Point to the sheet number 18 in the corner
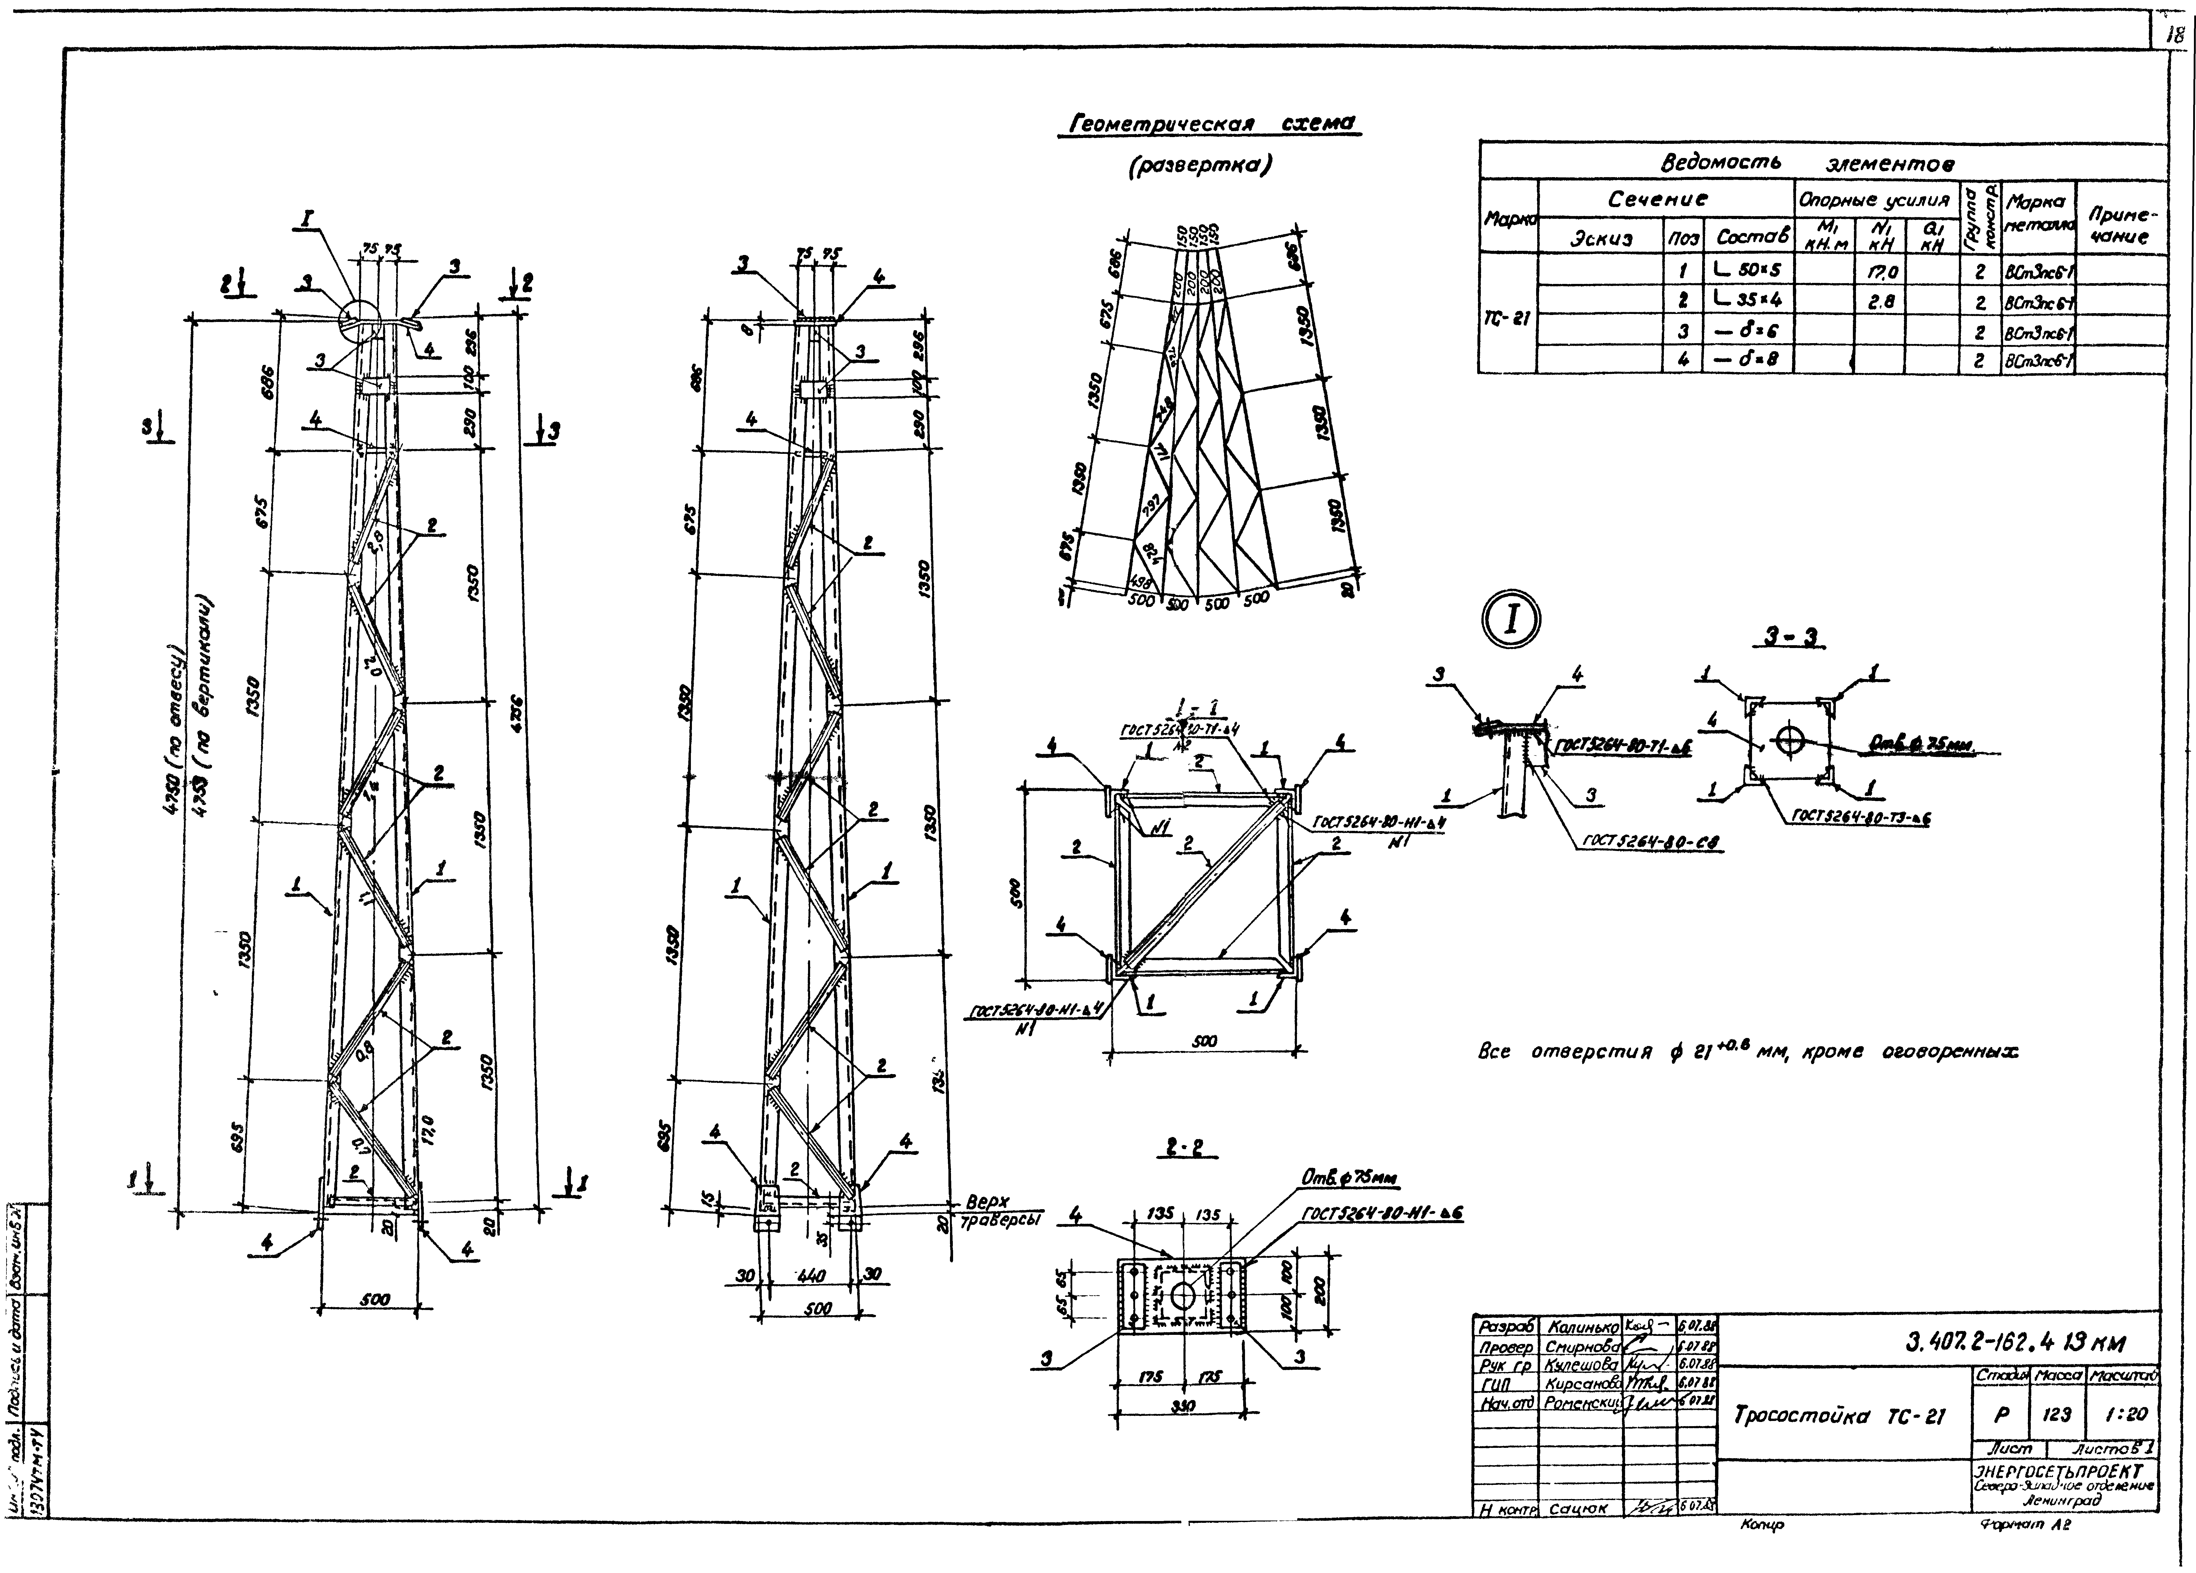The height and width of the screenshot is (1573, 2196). [2174, 35]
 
